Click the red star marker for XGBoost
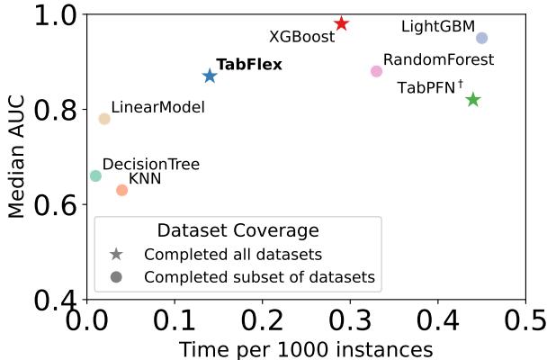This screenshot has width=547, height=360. pos(341,23)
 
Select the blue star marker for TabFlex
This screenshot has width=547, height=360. pos(210,76)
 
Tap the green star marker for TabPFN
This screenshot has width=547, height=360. pos(472,99)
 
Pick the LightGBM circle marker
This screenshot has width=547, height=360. pos(481,38)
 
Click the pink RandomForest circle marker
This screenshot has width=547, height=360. pos(376,71)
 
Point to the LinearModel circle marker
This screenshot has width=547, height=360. pos(104,119)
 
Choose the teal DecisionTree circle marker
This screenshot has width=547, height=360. pos(95,175)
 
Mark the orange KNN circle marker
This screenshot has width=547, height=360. pos(121,190)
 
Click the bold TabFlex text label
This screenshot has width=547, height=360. pos(249,65)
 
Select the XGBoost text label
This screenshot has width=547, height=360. pos(301,37)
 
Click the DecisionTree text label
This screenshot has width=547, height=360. pos(150,165)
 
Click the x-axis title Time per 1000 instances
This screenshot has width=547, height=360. pos(306,348)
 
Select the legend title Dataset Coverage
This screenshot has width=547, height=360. pos(238,230)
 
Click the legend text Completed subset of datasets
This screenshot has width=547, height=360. pos(259,276)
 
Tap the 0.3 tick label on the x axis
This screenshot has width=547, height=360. pos(351,320)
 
